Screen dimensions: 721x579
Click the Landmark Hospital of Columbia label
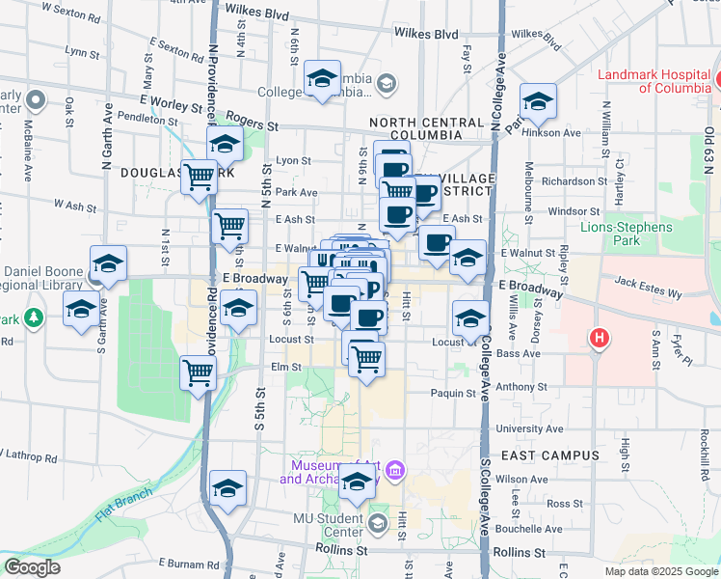click(654, 80)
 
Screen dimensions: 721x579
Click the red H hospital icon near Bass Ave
click(600, 339)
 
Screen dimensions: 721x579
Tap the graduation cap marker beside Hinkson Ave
click(538, 101)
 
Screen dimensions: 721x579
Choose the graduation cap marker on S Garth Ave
click(81, 311)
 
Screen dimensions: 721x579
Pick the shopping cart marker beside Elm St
click(198, 372)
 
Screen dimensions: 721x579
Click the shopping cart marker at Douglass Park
click(199, 178)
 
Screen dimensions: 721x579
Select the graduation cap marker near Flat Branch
click(227, 488)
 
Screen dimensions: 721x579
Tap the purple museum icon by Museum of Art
click(393, 470)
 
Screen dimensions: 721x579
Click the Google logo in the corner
click(33, 567)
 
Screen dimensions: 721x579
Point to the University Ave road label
click(526, 428)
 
